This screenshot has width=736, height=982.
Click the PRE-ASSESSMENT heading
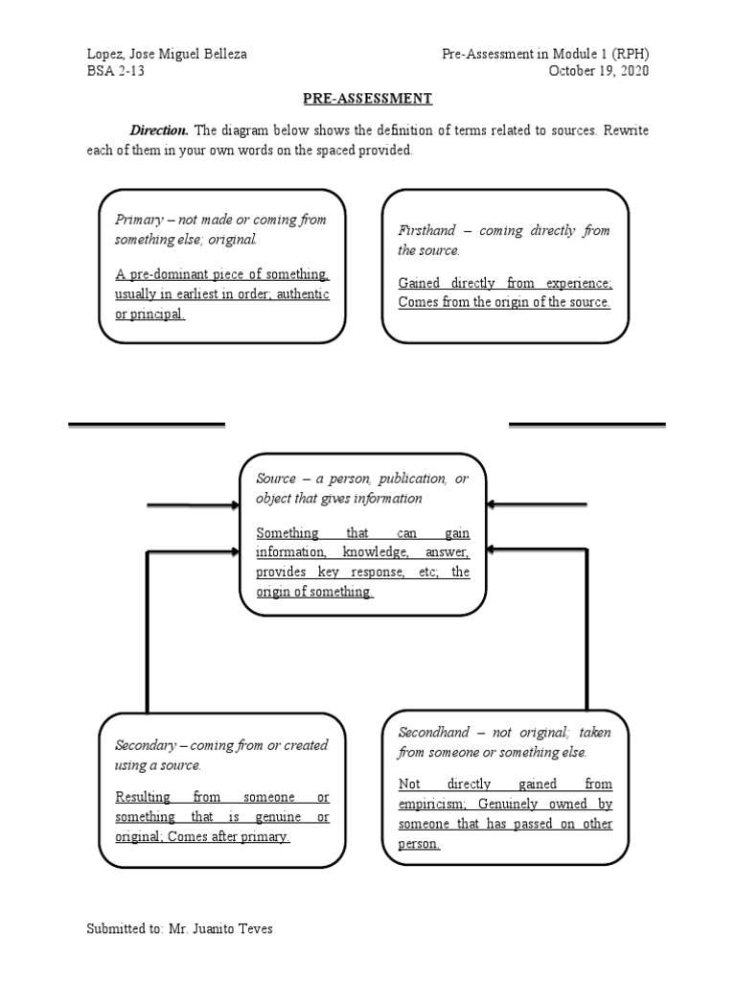(368, 98)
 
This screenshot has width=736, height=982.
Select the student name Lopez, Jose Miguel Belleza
(166, 54)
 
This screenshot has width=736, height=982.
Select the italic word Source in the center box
(276, 479)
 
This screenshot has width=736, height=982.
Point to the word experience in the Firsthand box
(576, 283)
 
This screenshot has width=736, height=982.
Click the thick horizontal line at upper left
(147, 423)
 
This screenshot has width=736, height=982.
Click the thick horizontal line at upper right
(586, 423)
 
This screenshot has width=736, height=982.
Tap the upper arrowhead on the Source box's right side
(491, 504)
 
